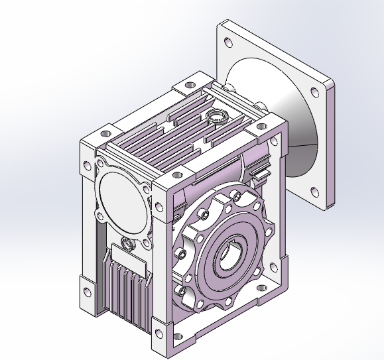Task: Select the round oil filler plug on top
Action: click(216, 117)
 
